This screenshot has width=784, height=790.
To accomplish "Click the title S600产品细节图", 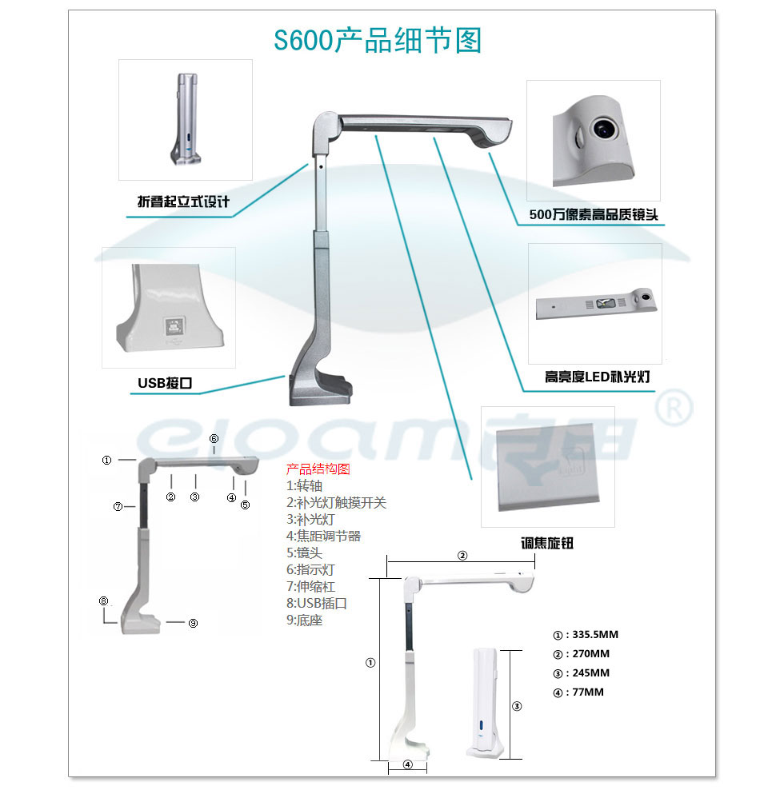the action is (x=378, y=40).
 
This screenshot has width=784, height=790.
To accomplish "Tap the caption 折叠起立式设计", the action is (x=183, y=201).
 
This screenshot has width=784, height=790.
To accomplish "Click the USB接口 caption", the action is (x=165, y=383).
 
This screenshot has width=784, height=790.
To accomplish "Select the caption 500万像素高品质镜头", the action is (x=594, y=214).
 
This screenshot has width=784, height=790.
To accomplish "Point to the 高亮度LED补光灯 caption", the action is (x=597, y=377).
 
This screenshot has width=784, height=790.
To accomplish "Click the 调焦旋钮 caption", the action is (x=547, y=543).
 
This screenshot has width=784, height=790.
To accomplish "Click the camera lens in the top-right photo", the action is (x=603, y=128).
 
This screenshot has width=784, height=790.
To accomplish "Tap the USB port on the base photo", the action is (x=174, y=327).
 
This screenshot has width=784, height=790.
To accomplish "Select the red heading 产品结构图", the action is (x=318, y=469).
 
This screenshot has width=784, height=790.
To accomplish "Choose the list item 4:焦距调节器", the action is (x=324, y=536).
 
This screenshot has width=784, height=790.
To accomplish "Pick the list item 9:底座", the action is (x=305, y=620).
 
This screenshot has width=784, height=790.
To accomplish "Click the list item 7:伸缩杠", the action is (x=310, y=586).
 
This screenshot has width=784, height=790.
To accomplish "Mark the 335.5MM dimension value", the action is (x=595, y=635).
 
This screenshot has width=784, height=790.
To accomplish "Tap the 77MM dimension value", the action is (x=588, y=692).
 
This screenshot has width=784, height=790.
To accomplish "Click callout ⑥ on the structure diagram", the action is (x=214, y=439).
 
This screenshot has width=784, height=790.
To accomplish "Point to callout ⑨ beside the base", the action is (x=193, y=623).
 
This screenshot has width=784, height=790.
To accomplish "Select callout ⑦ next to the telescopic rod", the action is (x=118, y=506).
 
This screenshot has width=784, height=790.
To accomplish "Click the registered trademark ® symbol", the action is (x=674, y=408).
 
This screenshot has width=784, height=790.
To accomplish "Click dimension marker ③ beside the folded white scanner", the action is (x=517, y=706).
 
